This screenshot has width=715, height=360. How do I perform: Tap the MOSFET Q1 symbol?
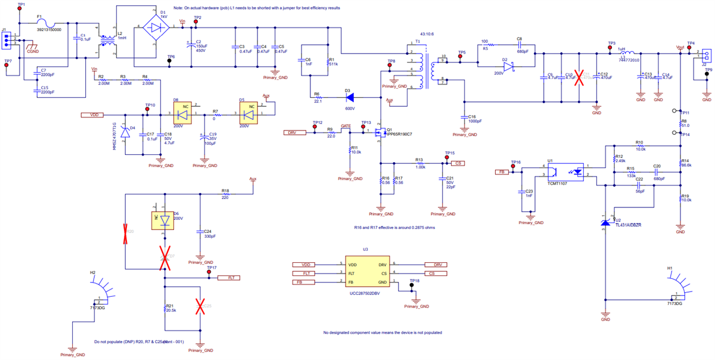click(x=379, y=134)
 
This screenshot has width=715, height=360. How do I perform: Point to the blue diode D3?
click(x=350, y=95)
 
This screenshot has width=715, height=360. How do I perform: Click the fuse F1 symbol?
click(x=41, y=24)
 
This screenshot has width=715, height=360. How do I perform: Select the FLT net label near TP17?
click(x=229, y=278)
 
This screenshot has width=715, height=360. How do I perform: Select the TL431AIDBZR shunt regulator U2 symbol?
click(x=605, y=222)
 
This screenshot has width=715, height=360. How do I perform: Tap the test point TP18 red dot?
click(x=411, y=285)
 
